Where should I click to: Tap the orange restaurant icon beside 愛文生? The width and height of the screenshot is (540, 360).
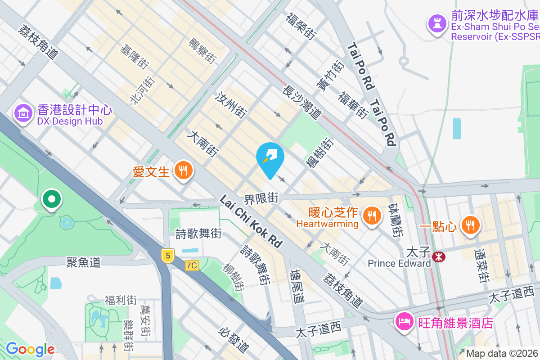[x=183, y=171]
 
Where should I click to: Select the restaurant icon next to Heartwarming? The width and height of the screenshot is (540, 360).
[x=372, y=215]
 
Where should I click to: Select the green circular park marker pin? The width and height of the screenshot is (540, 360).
[x=52, y=199]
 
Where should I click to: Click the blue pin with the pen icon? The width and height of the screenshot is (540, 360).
[x=270, y=157]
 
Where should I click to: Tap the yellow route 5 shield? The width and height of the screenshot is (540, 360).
[x=167, y=256]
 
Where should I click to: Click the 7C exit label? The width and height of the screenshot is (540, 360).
[x=192, y=265]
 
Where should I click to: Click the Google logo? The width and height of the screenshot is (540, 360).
[x=30, y=349]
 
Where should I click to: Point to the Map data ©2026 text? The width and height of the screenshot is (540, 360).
[x=502, y=354]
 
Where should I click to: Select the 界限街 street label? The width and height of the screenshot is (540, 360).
[x=261, y=198]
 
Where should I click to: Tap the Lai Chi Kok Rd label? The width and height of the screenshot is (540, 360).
[x=251, y=221]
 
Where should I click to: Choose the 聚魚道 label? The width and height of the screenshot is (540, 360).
[x=83, y=262]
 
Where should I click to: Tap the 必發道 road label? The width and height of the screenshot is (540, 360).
[x=234, y=340]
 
